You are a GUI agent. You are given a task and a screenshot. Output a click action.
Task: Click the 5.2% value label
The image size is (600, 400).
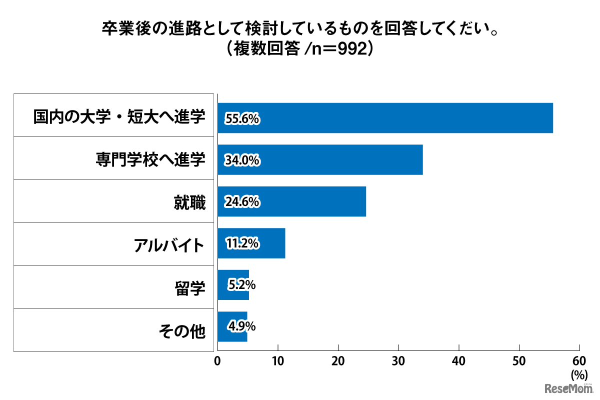tap(242, 285)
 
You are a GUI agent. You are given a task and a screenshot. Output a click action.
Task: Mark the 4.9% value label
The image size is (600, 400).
tap(242, 326)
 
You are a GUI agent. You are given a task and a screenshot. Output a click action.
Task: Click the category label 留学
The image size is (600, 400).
tap(190, 288)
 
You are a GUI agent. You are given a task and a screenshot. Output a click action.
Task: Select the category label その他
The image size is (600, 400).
tap(182, 330)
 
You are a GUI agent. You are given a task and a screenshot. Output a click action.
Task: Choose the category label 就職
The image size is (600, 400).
tap(190, 202)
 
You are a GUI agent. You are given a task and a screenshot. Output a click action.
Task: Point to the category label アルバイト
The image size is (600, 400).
tap(169, 245)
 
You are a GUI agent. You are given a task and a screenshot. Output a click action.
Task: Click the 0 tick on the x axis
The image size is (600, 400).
tap(217, 361)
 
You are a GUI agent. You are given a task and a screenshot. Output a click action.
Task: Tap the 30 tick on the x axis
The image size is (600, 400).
tap(398, 361)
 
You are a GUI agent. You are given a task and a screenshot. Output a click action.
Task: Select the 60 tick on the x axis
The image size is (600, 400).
tap(579, 361)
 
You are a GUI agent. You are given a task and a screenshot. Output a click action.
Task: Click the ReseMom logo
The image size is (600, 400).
tap(569, 388)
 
